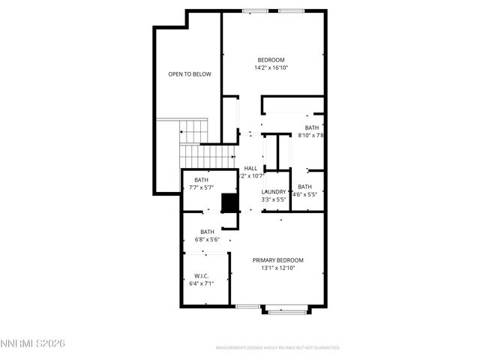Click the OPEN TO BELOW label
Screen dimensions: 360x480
click(190, 74)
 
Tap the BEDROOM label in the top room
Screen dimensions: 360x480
click(271, 60)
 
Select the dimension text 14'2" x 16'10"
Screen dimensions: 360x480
click(271, 67)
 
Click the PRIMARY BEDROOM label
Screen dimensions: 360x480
click(277, 260)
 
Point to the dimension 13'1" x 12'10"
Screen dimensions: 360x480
click(277, 268)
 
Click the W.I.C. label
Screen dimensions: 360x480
click(202, 276)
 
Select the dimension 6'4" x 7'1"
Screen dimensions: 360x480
click(202, 283)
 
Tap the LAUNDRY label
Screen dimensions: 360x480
click(274, 192)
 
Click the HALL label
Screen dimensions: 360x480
click(250, 169)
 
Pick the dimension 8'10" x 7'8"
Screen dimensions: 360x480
click(310, 136)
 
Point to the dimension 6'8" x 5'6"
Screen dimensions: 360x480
click(206, 239)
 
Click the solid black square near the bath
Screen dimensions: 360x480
click(229, 202)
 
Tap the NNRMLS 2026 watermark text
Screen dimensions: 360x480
click(33, 343)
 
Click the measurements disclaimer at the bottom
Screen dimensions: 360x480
click(277, 348)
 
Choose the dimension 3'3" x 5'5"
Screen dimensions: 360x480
click(274, 199)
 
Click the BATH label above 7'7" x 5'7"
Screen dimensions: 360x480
click(202, 180)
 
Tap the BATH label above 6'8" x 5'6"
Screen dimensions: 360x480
click(207, 232)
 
